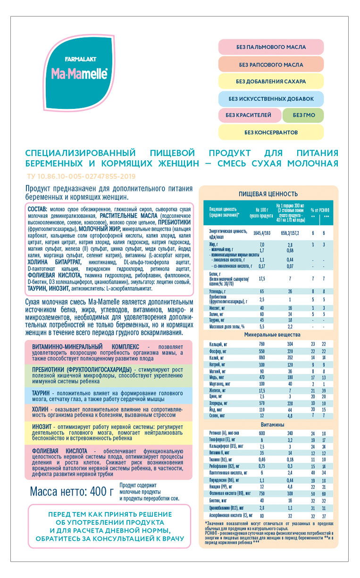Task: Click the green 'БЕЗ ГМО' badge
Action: [x=303, y=115]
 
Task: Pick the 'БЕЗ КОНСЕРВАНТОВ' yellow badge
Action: [x=271, y=132]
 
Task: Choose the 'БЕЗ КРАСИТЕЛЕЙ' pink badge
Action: [x=249, y=115]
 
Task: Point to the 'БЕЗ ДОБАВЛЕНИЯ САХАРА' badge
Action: [x=271, y=81]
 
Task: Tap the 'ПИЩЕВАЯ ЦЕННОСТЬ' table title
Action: [x=268, y=194]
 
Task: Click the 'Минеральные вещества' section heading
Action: [x=268, y=334]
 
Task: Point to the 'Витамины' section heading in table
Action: [x=268, y=425]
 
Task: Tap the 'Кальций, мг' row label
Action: [x=220, y=344]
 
